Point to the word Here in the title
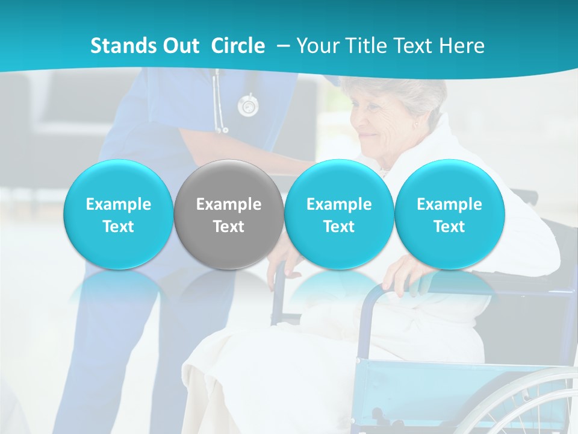click(462, 46)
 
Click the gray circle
click(229, 215)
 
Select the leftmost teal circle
click(118, 215)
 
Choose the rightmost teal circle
click(449, 215)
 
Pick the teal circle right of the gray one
click(339, 215)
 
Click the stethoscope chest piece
click(247, 106)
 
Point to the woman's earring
click(415, 125)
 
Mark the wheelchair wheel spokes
click(530, 404)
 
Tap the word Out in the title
click(179, 46)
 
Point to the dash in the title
click(285, 46)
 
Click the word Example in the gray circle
click(229, 204)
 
